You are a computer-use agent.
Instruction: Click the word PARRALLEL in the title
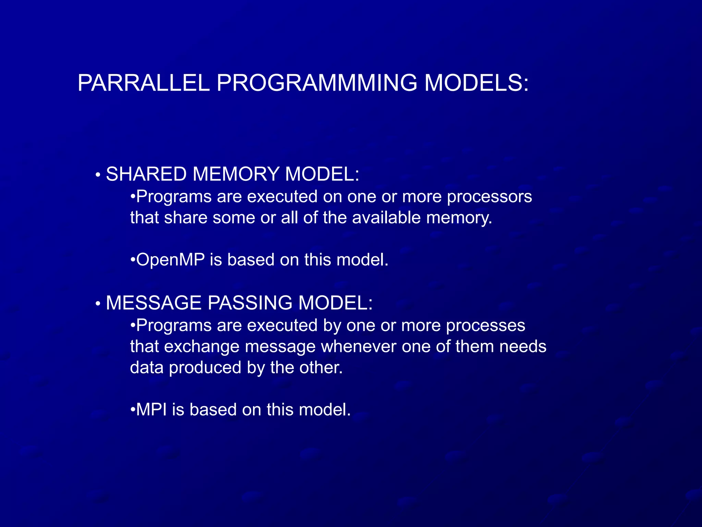pos(143,83)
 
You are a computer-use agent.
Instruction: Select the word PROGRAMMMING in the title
pos(317,83)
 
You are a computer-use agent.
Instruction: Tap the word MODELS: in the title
pos(477,83)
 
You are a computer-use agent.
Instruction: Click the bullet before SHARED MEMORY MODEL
pos(98,175)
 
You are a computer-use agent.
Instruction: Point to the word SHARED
pos(146,174)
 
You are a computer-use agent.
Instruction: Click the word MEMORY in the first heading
pos(236,174)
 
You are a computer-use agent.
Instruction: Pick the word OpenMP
pos(170,260)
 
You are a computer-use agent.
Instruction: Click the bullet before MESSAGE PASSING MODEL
pos(98,304)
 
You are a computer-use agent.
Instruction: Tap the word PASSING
pos(250,303)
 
